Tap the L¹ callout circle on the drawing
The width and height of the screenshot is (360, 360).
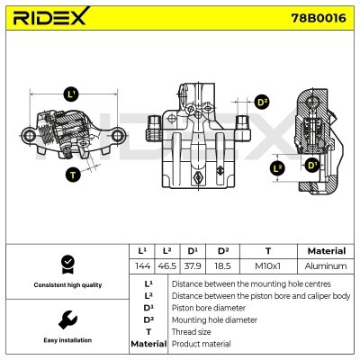point(70,94)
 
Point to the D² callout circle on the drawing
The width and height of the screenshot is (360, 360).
point(261,102)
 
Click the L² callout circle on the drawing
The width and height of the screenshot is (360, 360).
point(278,167)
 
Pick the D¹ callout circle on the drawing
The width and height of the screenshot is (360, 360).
point(311,165)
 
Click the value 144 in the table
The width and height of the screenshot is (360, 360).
point(141,266)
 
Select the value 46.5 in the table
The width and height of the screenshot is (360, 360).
point(166,266)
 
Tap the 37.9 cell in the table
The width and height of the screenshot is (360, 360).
point(193,266)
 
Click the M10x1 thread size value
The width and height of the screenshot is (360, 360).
point(267,266)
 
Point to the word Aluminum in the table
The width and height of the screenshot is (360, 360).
point(326,266)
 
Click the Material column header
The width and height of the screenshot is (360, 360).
point(326,251)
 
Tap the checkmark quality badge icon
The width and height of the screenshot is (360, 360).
point(66,264)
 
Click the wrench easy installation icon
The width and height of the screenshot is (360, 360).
point(66,320)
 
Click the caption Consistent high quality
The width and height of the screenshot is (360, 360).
point(66,285)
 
